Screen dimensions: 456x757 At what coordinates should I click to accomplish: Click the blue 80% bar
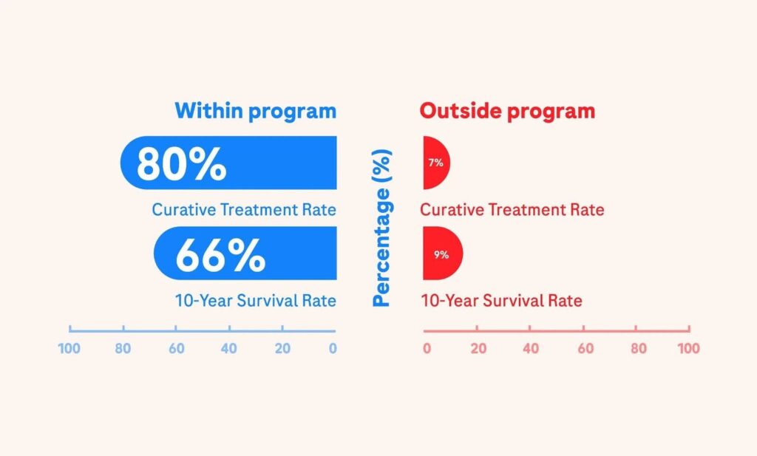click(x=229, y=163)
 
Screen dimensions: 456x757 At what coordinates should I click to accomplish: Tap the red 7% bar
click(x=436, y=163)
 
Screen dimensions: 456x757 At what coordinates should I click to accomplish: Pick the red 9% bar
click(x=442, y=254)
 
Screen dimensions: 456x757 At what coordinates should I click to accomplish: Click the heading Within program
click(x=255, y=111)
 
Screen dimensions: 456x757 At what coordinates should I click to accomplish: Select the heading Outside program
click(x=507, y=111)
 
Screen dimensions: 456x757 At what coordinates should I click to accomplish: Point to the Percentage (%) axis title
click(x=381, y=228)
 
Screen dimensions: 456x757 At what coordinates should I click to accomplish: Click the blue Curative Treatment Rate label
click(x=244, y=210)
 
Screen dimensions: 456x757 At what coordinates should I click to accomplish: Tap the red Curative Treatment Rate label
click(x=512, y=210)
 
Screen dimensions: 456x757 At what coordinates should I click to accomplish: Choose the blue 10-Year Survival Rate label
click(x=255, y=301)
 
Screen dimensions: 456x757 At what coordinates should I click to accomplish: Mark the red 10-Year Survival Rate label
click(x=501, y=301)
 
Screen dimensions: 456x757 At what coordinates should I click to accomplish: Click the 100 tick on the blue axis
click(x=69, y=348)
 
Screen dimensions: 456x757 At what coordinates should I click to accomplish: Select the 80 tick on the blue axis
click(x=123, y=348)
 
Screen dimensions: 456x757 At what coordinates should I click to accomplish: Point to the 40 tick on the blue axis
click(x=229, y=348)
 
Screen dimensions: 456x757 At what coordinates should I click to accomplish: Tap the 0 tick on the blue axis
click(x=333, y=348)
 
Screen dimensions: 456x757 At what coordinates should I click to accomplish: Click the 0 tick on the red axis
click(x=427, y=348)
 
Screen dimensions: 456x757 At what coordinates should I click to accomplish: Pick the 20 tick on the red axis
click(x=478, y=348)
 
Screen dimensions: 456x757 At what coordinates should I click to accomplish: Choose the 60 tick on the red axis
click(x=585, y=348)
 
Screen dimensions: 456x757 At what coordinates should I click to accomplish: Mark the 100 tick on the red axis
click(x=688, y=348)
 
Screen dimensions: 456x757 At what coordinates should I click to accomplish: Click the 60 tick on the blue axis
click(x=176, y=348)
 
